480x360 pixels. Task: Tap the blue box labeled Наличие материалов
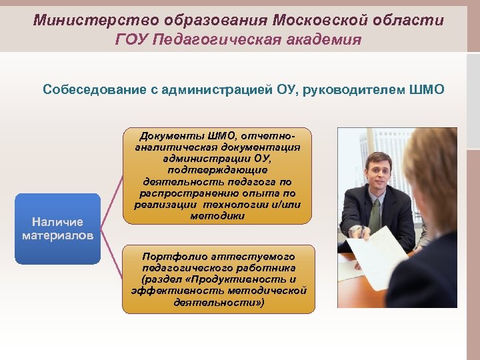(x=57, y=229)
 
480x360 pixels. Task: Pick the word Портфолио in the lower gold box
(x=171, y=255)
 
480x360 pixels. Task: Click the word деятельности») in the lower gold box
(x=219, y=301)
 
